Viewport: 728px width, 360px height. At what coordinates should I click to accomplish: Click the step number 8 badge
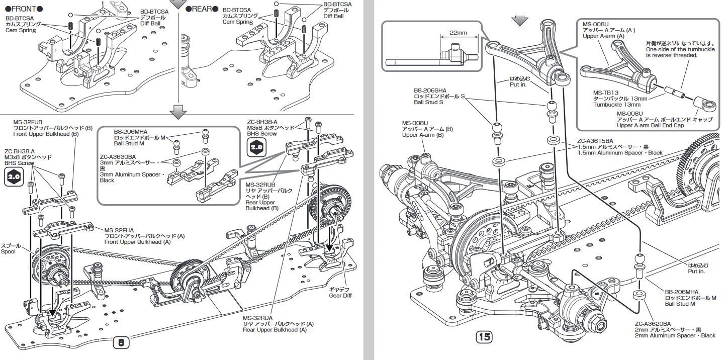[x=121, y=343]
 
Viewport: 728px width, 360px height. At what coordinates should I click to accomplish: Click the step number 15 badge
[x=484, y=336]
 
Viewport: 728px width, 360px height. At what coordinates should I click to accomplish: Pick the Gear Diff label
[x=341, y=295]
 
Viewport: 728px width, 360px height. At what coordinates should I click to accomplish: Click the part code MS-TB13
[x=606, y=93]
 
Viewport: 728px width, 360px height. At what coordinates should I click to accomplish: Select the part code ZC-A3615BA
[x=595, y=141]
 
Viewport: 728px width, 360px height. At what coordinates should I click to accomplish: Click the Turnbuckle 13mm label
[x=617, y=105]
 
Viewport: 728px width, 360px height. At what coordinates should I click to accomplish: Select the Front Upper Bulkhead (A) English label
[x=138, y=242]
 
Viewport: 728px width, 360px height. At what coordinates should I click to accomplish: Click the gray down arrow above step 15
[x=520, y=19]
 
